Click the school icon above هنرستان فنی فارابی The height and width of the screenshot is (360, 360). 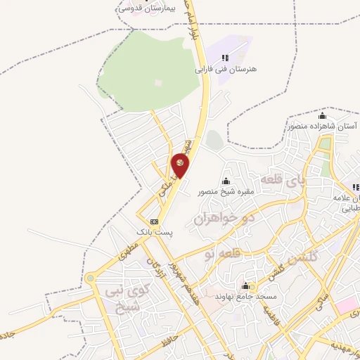pyautogui.click(x=224, y=58)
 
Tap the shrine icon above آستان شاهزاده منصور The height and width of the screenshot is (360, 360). pyautogui.click(x=323, y=115)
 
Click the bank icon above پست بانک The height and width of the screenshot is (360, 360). pyautogui.click(x=154, y=221)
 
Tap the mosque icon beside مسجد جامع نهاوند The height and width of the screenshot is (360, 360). pyautogui.click(x=245, y=285)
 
